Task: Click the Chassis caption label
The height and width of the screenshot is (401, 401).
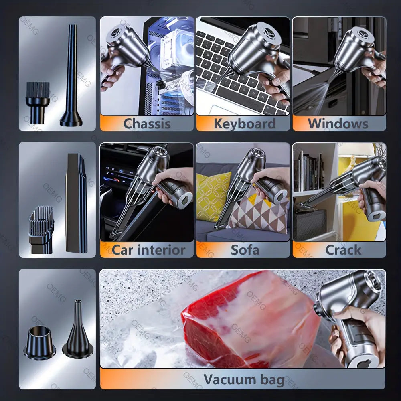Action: pyautogui.click(x=146, y=124)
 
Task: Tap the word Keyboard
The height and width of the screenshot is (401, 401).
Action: pyautogui.click(x=244, y=124)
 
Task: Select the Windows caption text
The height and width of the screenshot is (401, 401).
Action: pyautogui.click(x=338, y=124)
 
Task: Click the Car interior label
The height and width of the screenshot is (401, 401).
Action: pyautogui.click(x=148, y=250)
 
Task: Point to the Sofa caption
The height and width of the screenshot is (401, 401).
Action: pyautogui.click(x=245, y=250)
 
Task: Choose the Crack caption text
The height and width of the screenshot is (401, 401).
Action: pyautogui.click(x=343, y=250)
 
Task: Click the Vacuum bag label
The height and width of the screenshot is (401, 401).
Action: pyautogui.click(x=244, y=379)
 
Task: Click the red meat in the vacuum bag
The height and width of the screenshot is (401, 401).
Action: pyautogui.click(x=241, y=317)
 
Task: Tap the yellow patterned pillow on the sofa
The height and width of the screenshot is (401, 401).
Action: pyautogui.click(x=213, y=196)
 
